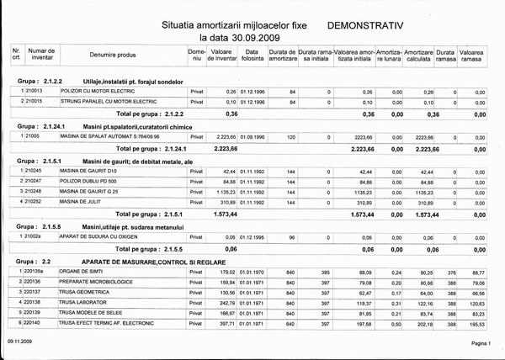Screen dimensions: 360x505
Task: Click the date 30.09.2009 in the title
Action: pyautogui.click(x=252, y=39)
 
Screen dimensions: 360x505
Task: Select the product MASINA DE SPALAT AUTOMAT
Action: pyautogui.click(x=109, y=135)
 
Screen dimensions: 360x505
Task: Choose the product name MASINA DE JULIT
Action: pyautogui.click(x=84, y=202)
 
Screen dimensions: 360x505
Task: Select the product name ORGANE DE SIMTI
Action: pyautogui.click(x=82, y=272)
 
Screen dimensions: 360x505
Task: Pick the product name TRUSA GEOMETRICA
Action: pyautogui.click(x=85, y=291)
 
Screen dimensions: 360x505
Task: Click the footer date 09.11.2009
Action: pyautogui.click(x=20, y=344)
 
